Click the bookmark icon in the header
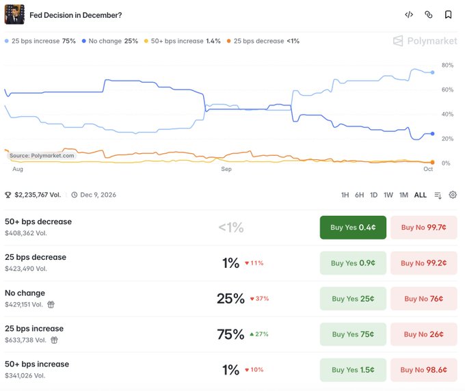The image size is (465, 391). (448, 14)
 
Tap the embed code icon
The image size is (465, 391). (409, 14)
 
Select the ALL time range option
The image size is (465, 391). (421, 195)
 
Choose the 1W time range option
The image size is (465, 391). (388, 195)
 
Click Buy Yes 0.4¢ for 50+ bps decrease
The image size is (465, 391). (353, 228)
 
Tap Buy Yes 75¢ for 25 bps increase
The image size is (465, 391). (353, 334)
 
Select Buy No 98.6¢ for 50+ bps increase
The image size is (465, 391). (423, 370)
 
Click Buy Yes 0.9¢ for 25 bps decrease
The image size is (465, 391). (353, 263)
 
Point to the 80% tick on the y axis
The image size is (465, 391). (447, 65)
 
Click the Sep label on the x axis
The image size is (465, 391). (226, 169)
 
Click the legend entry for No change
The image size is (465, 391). (110, 41)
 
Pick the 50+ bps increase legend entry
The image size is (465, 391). (183, 41)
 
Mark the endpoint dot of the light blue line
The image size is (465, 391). (432, 72)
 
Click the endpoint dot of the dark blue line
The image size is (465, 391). (432, 134)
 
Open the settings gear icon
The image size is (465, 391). (453, 195)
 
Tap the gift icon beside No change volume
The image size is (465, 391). (51, 304)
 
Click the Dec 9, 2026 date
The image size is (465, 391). (98, 195)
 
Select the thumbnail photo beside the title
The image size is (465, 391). (14, 14)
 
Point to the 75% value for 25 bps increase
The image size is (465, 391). (230, 334)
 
